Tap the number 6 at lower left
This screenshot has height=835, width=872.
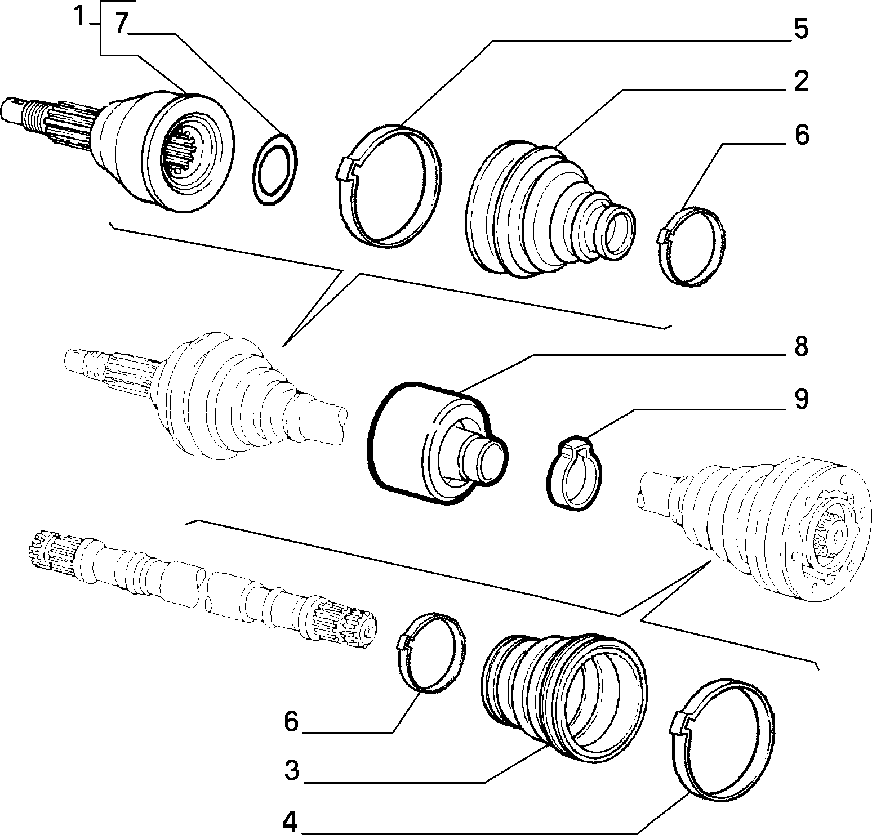coord(291,721)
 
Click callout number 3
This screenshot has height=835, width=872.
coord(291,771)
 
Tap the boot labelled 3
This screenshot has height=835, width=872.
coord(563,695)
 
